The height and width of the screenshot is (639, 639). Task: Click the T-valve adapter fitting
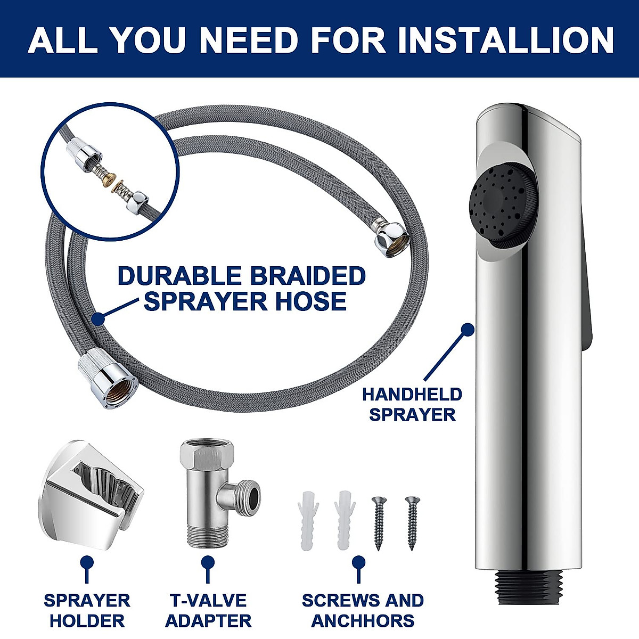pos(213,493)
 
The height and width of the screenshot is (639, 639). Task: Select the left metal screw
pos(379,522)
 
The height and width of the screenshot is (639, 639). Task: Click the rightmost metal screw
pos(412,522)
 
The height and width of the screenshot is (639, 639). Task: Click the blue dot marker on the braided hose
pos(97,318)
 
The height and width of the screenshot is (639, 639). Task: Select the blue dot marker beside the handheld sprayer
pos(467,329)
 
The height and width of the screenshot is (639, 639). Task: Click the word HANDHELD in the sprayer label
pos(412,395)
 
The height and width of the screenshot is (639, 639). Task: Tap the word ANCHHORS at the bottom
pos(363,620)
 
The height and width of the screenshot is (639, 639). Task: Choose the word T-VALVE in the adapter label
pos(208,600)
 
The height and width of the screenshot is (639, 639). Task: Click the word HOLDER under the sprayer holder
pos(87,620)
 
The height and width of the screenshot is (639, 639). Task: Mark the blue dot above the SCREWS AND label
pos(359,563)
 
